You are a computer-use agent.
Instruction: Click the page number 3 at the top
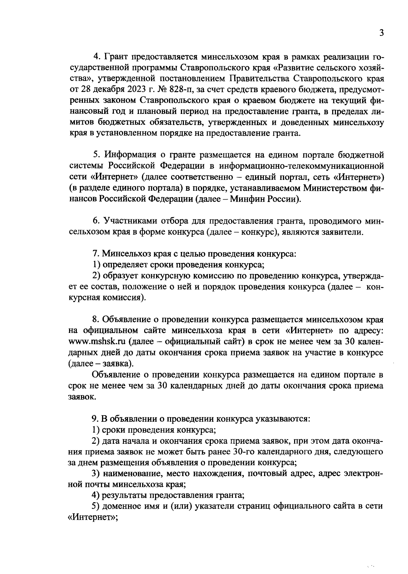(381, 33)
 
